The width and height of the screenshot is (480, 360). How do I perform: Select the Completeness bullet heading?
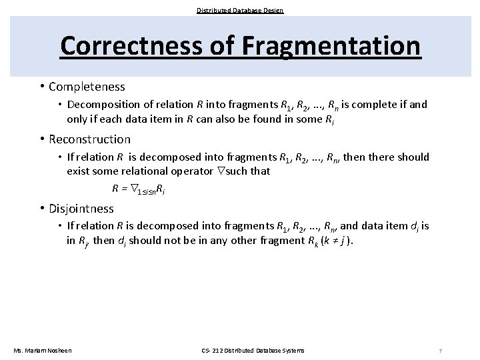tap(87, 87)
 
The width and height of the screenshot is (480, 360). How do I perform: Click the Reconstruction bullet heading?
tap(89, 139)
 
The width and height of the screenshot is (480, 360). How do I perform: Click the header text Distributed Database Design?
tap(240, 10)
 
